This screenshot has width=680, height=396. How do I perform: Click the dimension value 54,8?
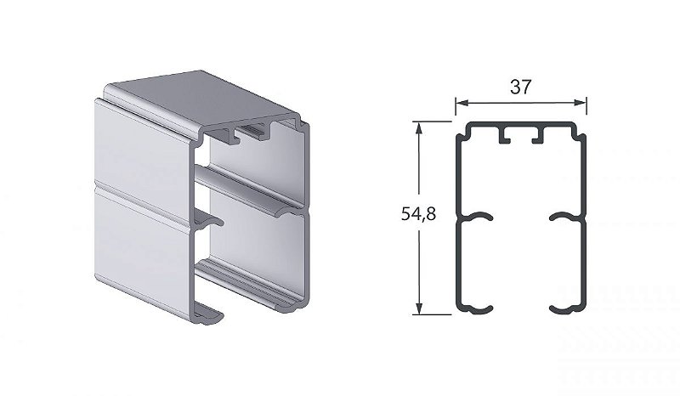click(x=418, y=215)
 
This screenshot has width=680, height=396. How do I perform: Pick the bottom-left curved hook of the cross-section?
click(x=476, y=305)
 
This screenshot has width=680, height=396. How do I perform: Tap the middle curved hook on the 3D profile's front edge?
click(x=208, y=223)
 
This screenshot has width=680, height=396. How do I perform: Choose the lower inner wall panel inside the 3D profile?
click(x=255, y=246)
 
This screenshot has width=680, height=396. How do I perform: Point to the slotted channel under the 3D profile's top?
click(x=251, y=131)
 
